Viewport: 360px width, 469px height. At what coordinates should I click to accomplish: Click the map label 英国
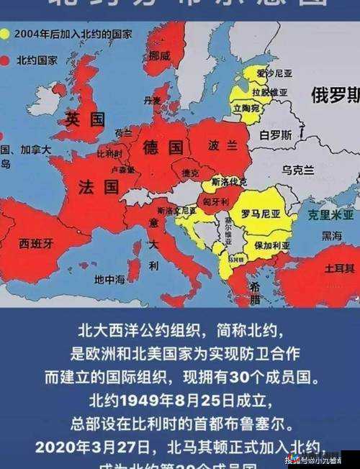tap(85, 119)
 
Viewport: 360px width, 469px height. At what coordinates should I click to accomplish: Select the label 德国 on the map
tap(163, 147)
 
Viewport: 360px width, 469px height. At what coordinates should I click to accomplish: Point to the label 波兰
tap(221, 145)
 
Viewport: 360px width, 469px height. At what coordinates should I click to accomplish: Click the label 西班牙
tap(35, 243)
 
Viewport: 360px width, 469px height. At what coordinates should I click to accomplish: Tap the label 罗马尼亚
tap(260, 214)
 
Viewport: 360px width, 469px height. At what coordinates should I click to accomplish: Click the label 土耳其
tap(339, 268)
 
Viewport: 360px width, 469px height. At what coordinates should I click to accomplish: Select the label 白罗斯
tap(276, 135)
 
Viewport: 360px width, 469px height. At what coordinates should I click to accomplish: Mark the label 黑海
tap(332, 235)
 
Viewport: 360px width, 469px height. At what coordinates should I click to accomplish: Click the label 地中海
tap(109, 278)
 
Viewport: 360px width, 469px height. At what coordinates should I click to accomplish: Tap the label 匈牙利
tap(216, 203)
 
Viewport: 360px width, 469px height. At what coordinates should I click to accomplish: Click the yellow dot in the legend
tap(5, 33)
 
